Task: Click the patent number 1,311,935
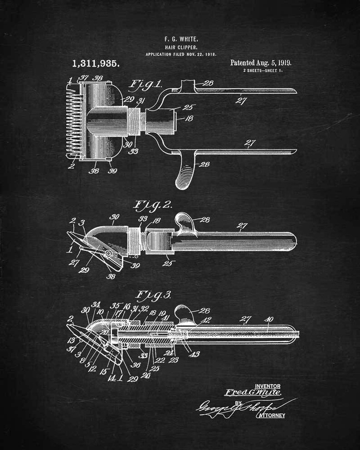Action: [x=96, y=64]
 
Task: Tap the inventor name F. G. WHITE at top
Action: [x=180, y=39]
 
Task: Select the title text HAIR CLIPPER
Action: [x=180, y=47]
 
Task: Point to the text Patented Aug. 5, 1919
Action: [x=261, y=63]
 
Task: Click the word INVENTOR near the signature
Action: [x=268, y=386]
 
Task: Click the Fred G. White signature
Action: [x=253, y=392]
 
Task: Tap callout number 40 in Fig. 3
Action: [x=268, y=319]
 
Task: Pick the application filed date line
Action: [x=180, y=54]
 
